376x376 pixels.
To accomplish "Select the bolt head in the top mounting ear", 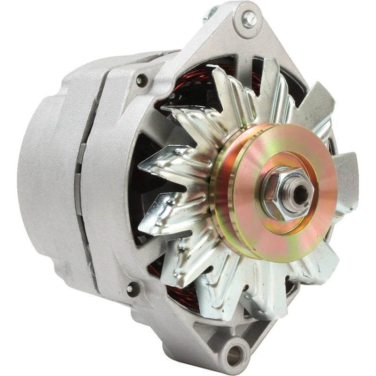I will click(x=250, y=19).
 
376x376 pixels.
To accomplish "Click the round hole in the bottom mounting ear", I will click(x=235, y=352).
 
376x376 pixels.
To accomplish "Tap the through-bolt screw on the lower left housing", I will click(x=130, y=288).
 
